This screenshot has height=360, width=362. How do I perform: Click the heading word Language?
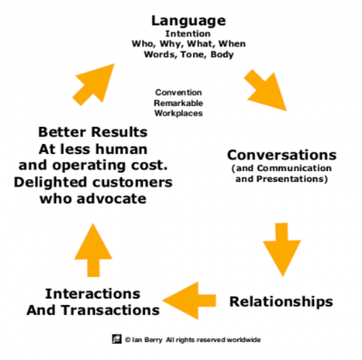pos(188,21)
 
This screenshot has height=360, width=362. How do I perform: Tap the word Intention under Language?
pos(187,33)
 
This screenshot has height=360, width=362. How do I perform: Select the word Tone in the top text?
pos(194,54)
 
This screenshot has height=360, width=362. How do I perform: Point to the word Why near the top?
pos(171,44)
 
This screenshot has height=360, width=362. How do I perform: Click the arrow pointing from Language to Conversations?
pos(266,90)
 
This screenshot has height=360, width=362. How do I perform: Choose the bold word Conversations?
pos(281,156)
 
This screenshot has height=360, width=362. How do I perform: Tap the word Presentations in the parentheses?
pos(291,179)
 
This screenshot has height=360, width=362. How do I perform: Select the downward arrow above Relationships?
pos(281,250)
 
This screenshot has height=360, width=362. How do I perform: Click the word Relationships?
pos(281,301)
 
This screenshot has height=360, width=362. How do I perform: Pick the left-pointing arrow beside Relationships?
pos(189,300)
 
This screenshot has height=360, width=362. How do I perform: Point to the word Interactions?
pos(92,294)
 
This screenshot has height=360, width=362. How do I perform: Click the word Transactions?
pos(110,310)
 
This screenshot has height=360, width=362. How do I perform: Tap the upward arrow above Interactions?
pos(93,250)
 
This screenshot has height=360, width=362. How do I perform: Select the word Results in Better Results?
pos(119,132)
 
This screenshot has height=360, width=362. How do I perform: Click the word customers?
pos(132,183)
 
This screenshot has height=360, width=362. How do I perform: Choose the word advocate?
pos(111,199)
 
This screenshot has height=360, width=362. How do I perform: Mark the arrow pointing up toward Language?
pos(93,84)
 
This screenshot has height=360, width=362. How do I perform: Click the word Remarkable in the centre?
pos(178,103)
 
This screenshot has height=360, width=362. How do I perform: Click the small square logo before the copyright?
pos(117,339)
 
